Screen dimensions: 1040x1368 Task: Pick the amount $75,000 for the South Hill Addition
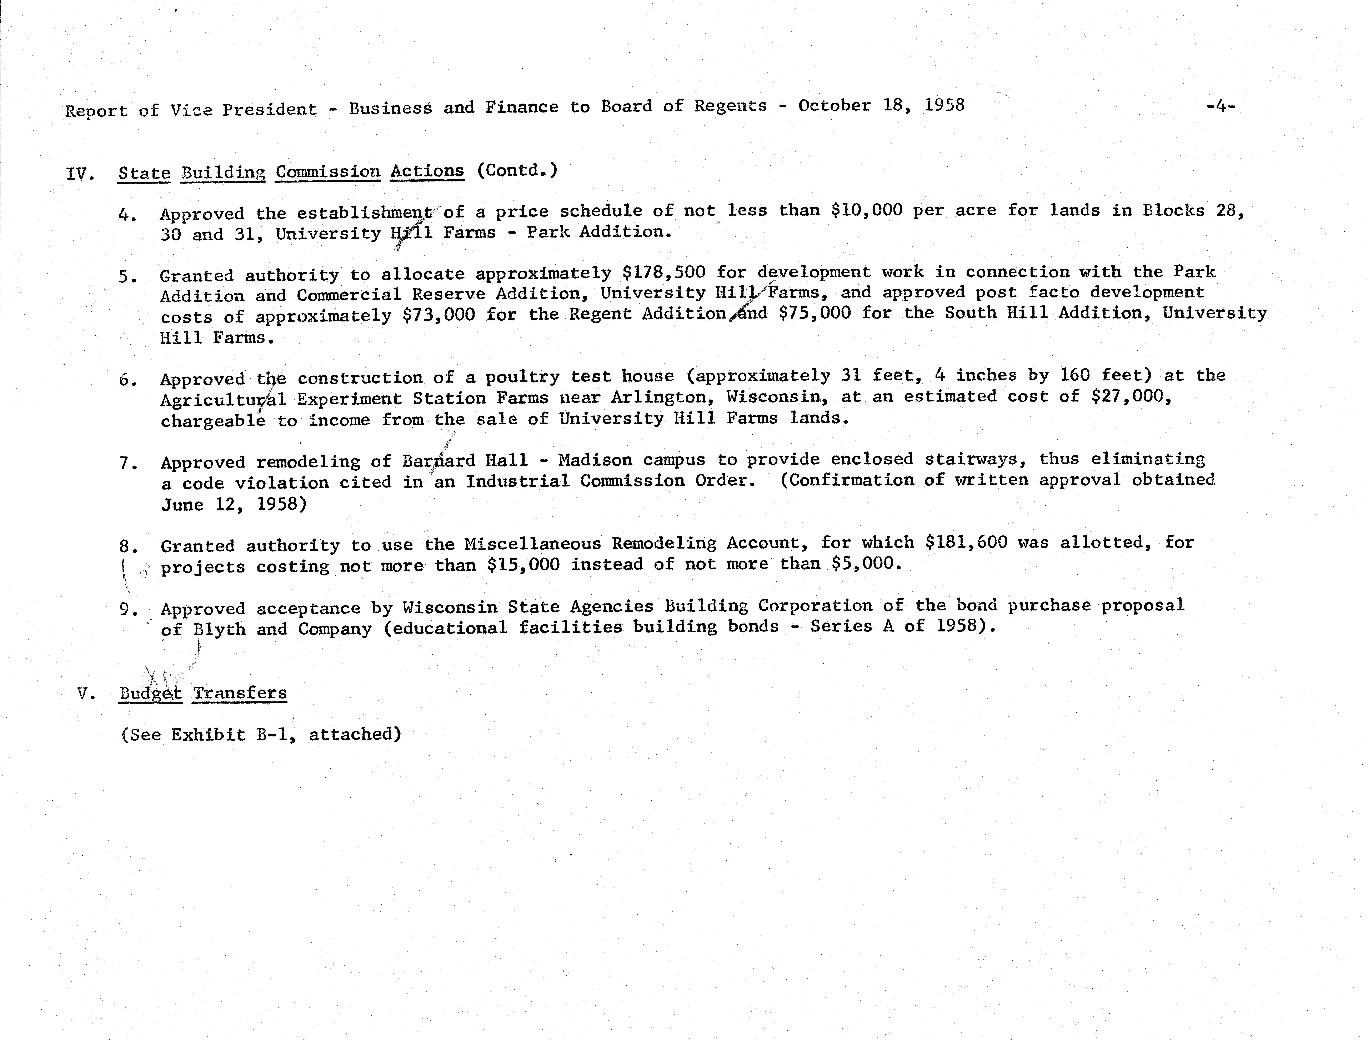[814, 313]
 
